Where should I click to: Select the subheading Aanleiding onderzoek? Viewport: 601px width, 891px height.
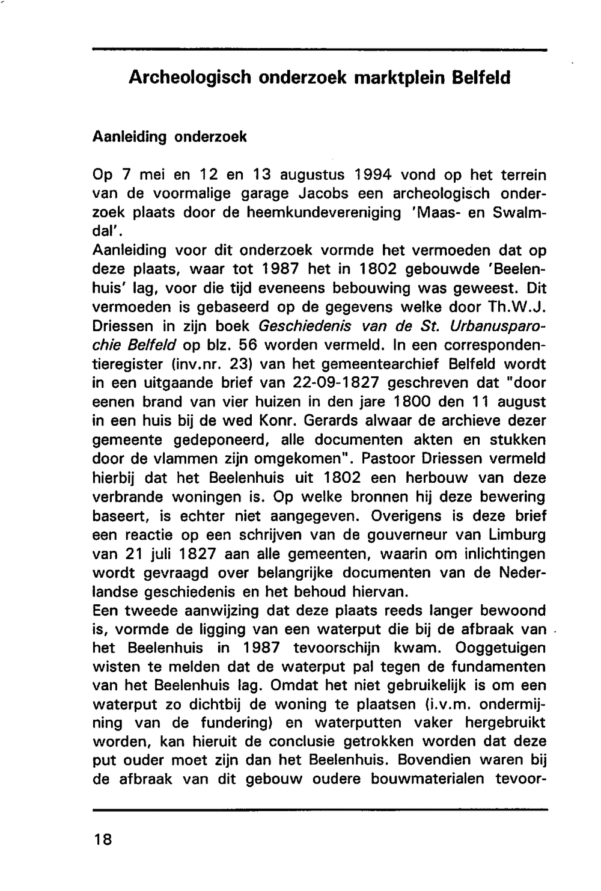(x=169, y=136)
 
